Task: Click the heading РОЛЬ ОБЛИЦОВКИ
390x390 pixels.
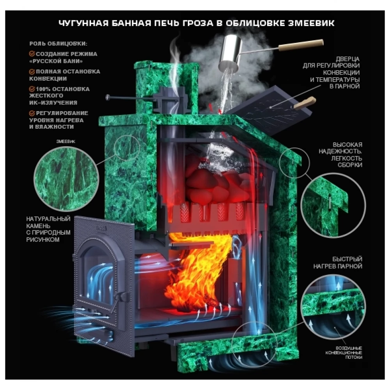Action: pyautogui.click(x=58, y=44)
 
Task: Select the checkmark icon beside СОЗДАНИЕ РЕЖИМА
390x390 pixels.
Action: pyautogui.click(x=32, y=54)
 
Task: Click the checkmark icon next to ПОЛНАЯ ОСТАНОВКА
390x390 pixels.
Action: pyautogui.click(x=32, y=72)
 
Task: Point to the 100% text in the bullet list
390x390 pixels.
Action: pyautogui.click(x=43, y=89)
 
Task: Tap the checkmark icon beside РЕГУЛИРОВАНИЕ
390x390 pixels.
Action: pyautogui.click(x=32, y=113)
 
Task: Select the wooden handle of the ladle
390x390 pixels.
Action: pyautogui.click(x=301, y=45)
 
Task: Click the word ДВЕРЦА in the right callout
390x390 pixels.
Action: pyautogui.click(x=347, y=59)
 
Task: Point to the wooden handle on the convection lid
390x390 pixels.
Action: pyautogui.click(x=305, y=103)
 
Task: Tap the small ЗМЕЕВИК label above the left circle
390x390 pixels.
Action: pyautogui.click(x=66, y=141)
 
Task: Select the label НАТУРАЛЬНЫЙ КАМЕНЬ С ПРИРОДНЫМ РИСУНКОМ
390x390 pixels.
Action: pyautogui.click(x=48, y=229)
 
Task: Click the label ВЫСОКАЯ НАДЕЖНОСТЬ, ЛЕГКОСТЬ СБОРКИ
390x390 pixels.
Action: pyautogui.click(x=340, y=154)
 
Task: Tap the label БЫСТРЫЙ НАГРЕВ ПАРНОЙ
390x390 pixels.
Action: pyautogui.click(x=337, y=262)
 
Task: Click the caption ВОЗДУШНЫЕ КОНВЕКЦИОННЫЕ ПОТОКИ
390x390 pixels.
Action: pyautogui.click(x=344, y=353)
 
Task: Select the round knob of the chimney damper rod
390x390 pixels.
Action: pyautogui.click(x=108, y=97)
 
